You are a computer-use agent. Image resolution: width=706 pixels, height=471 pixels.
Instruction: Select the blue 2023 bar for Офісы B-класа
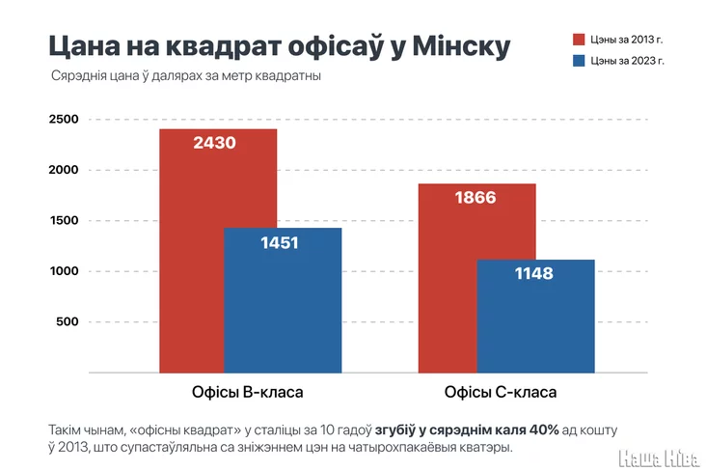[283, 309]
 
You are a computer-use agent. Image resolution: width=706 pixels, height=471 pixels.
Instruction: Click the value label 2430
[214, 143]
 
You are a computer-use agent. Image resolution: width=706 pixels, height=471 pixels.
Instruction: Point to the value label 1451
[280, 242]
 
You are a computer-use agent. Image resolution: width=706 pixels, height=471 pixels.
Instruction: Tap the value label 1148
[533, 274]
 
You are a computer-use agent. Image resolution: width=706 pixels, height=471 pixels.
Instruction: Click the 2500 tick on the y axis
[63, 120]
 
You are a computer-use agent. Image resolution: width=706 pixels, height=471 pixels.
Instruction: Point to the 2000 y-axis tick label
[63, 170]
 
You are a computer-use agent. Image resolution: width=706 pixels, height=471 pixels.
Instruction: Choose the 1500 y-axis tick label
[63, 221]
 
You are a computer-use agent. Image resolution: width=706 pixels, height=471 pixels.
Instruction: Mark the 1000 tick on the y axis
[63, 271]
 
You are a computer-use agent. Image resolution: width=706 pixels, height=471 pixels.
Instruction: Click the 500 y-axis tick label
[67, 322]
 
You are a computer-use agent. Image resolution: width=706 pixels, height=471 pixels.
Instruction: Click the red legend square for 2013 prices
[579, 40]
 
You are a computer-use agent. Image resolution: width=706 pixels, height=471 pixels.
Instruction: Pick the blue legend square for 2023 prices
[579, 61]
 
